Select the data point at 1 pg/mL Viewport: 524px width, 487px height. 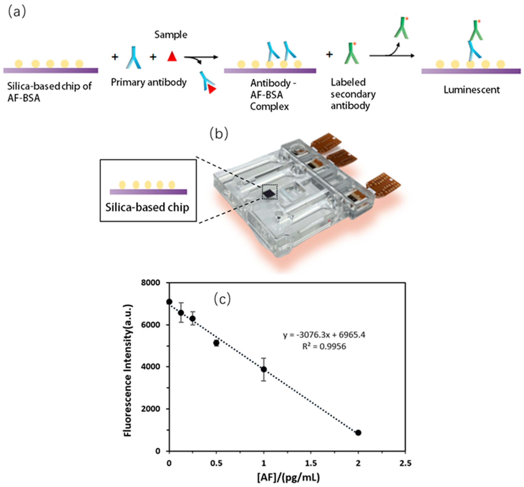tap(264, 370)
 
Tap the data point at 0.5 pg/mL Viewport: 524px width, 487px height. tap(216, 343)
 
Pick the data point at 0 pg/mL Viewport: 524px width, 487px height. tap(169, 302)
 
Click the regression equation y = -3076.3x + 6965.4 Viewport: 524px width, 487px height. tap(324, 335)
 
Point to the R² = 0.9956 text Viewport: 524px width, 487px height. tap(324, 346)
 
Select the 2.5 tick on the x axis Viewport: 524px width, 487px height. tap(405, 463)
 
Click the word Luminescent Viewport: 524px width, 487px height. tap(471, 90)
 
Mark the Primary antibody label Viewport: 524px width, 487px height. tap(149, 82)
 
